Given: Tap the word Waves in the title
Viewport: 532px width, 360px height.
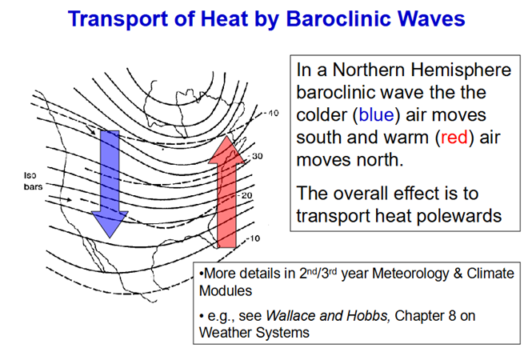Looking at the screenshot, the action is [431, 18].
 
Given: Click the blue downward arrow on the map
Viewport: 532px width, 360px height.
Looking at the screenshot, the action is [110, 184].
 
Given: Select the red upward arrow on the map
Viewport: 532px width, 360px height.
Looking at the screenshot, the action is [226, 192].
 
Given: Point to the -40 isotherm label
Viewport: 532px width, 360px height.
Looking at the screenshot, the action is [271, 114].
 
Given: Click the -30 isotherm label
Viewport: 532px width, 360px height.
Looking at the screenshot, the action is [256, 157].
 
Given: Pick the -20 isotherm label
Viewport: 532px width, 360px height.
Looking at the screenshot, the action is [245, 195].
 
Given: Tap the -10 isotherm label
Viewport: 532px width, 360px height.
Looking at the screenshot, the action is [253, 238].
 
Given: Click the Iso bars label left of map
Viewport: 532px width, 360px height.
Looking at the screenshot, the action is [33, 181].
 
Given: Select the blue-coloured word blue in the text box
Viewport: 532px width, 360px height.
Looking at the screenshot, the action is [376, 115].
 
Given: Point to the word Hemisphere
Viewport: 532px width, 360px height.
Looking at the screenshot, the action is [461, 70].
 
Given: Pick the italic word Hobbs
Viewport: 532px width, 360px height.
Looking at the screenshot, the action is [367, 316].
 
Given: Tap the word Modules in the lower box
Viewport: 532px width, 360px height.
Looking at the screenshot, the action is [226, 291].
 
